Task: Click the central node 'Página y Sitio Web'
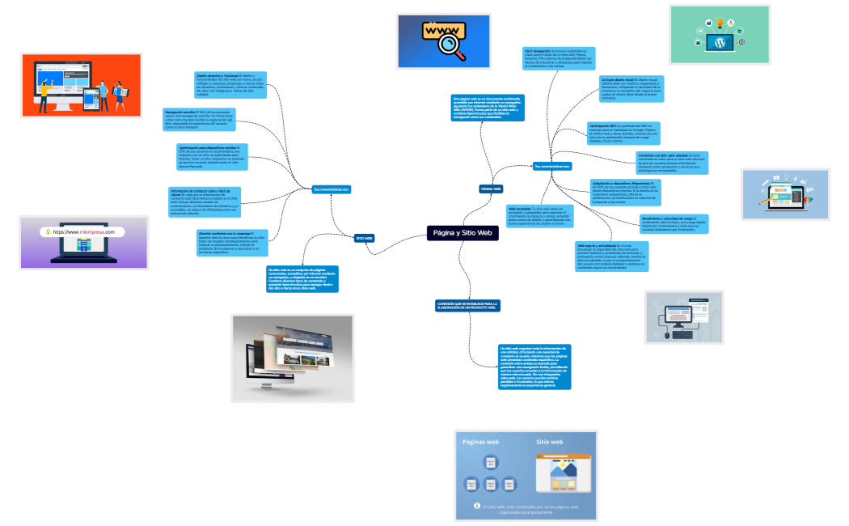click(x=462, y=233)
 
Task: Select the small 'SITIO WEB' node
click(x=364, y=238)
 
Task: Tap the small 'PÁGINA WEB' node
click(x=492, y=188)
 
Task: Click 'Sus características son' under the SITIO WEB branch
click(x=331, y=189)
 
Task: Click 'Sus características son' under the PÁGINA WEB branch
click(x=552, y=166)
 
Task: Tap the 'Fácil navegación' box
click(x=560, y=58)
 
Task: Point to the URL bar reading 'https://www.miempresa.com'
click(x=84, y=231)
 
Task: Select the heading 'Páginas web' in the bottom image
click(x=480, y=443)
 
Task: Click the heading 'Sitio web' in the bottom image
click(x=550, y=443)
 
